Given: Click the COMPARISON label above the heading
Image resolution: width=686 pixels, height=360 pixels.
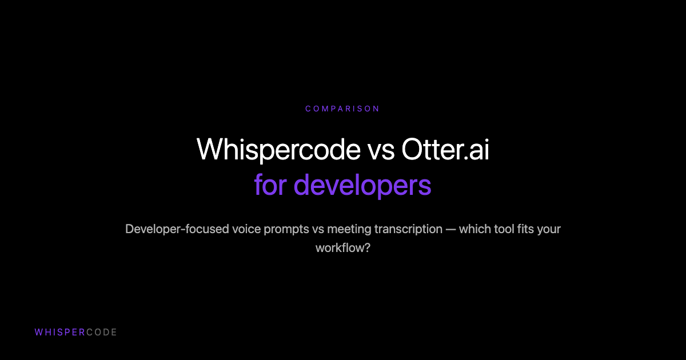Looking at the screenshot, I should click(x=342, y=109).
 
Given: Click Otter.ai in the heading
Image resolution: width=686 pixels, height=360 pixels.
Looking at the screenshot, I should click(x=445, y=150).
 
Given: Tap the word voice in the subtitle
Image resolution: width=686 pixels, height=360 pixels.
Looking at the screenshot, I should click(x=246, y=229).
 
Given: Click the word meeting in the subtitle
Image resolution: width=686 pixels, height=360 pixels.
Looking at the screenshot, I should click(x=348, y=229).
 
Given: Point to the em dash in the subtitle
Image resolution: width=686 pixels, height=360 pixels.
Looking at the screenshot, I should click(x=454, y=229).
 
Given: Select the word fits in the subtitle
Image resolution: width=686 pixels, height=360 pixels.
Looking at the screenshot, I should click(x=528, y=229).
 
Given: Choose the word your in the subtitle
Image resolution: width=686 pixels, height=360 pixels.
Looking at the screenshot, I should click(x=550, y=229).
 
